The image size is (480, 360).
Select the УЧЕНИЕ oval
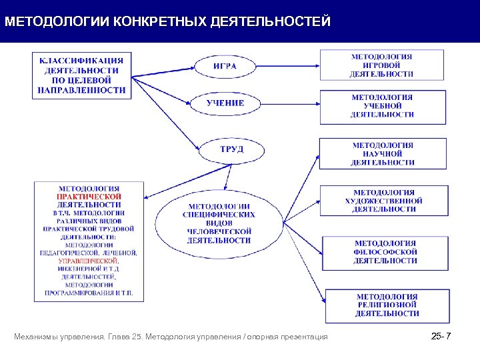point(225,103)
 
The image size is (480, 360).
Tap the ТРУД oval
point(231,149)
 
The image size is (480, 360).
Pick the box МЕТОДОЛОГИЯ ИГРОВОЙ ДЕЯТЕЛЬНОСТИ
point(382,66)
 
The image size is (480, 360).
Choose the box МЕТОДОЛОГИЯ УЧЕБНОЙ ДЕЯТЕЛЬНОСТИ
point(382,106)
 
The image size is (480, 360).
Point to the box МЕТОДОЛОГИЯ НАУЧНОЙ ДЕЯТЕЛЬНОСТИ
point(383,153)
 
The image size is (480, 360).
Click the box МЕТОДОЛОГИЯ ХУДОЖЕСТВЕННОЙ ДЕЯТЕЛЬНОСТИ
point(383,201)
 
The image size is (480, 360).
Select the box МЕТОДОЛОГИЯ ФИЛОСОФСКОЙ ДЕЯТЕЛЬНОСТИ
point(385,252)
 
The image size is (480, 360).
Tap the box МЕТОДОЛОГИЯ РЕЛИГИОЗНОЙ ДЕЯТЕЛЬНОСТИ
point(387,305)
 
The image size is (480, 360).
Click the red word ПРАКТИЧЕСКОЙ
point(89,197)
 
